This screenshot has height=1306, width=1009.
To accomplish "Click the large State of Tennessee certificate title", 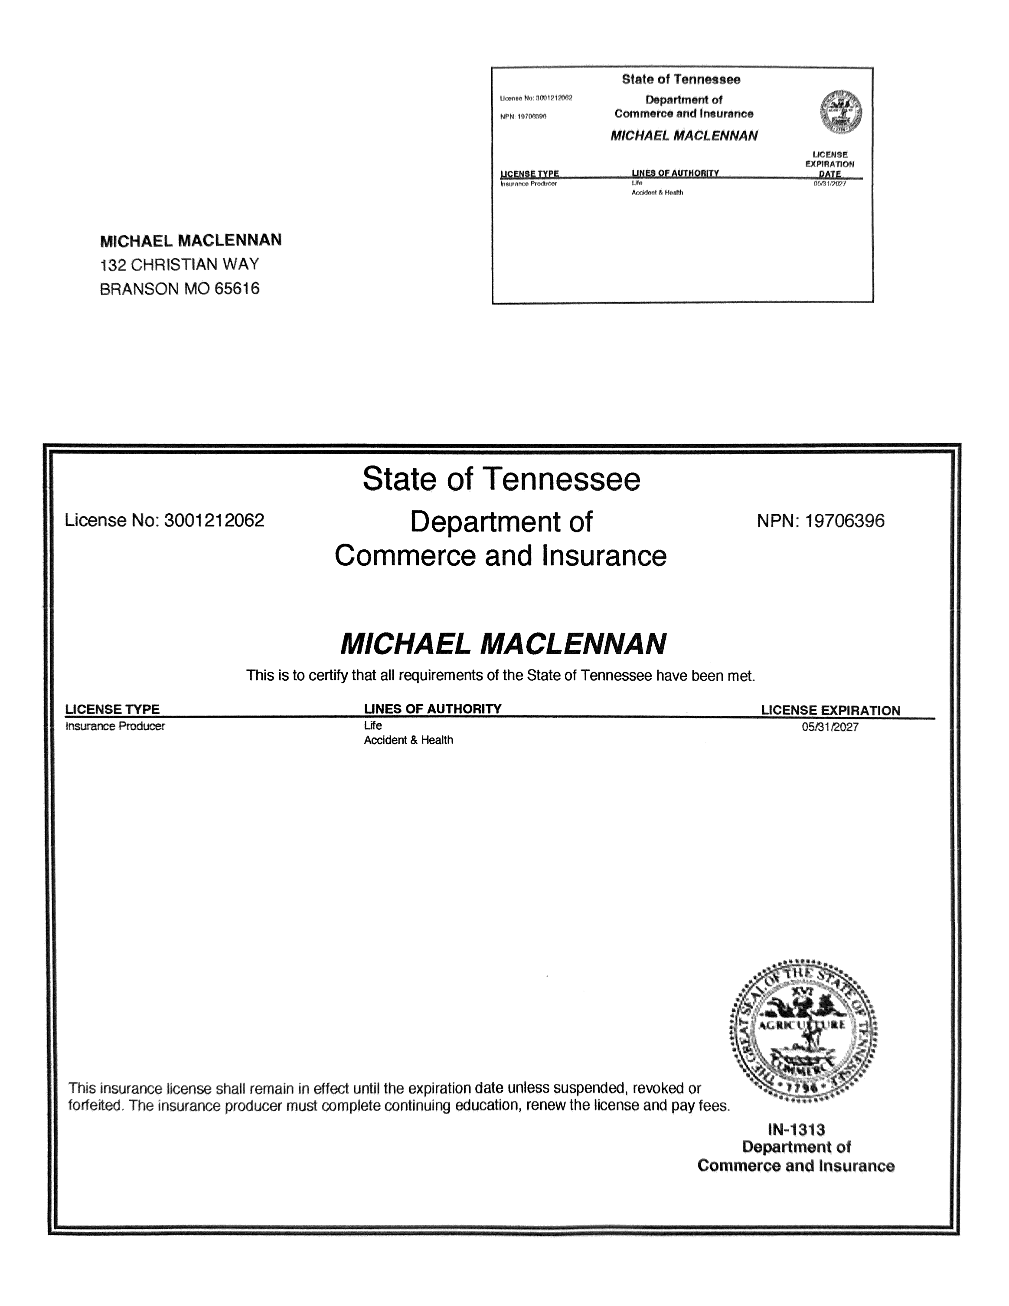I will [x=501, y=479].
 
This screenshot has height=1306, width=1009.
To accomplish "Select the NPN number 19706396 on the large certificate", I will [x=844, y=521].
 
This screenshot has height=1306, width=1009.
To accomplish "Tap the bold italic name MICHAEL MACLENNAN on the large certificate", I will [x=503, y=644].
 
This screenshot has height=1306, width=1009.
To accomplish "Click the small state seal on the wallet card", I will [x=840, y=112].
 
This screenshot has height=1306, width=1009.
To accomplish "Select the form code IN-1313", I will [x=796, y=1129].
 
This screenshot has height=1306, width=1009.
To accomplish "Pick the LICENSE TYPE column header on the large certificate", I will [x=112, y=709].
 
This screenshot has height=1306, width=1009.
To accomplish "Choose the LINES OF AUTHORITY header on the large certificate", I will [x=432, y=709].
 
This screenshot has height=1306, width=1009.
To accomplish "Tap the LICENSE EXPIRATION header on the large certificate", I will [x=830, y=710].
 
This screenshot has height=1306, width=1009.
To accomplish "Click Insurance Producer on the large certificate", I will [x=115, y=726].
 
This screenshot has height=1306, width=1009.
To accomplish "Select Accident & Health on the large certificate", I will [x=408, y=740].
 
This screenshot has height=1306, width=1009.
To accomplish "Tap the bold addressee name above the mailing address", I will [x=191, y=240].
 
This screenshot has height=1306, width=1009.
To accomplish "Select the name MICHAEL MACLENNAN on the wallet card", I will [x=684, y=136].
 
